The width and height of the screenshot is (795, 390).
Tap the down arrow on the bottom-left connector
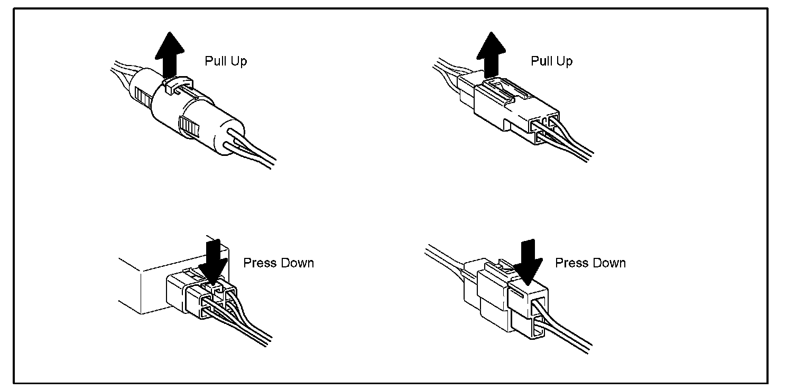click(213, 259)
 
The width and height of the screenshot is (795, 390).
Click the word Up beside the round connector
click(238, 61)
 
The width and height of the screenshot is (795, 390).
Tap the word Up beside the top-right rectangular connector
click(564, 61)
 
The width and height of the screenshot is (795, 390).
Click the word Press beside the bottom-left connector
click(259, 263)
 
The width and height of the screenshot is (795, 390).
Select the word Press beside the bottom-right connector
click(571, 263)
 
